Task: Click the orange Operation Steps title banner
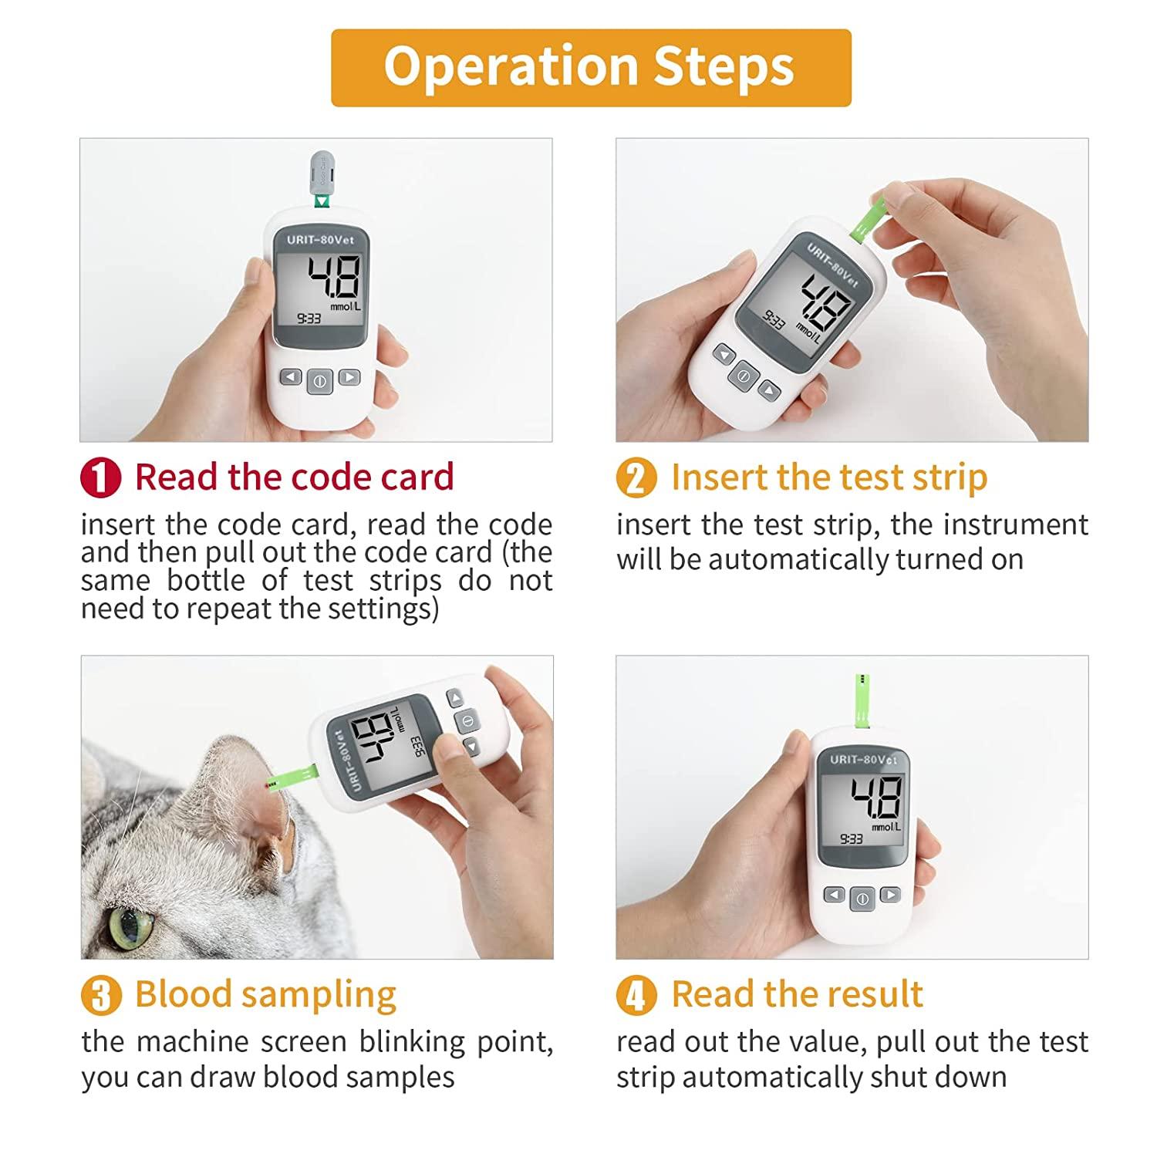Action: [590, 67]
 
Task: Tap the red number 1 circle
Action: [100, 477]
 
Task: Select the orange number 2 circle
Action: [636, 477]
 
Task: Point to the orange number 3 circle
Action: [100, 995]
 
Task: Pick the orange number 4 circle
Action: [636, 995]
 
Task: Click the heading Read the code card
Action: [294, 477]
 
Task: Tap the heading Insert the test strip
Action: [828, 477]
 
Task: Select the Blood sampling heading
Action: [265, 994]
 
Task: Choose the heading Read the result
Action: [797, 994]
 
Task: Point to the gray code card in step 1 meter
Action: [321, 174]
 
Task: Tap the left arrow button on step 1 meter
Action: [290, 377]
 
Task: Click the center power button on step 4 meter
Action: [862, 899]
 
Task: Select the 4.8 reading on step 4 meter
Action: [875, 798]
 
